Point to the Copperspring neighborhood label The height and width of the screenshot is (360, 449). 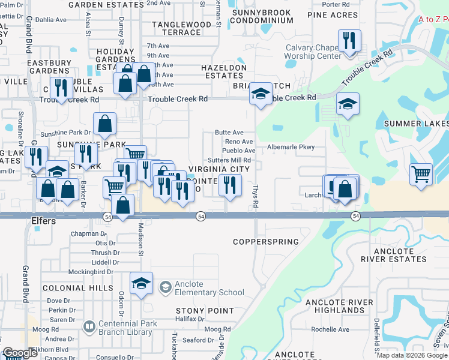tap(265, 242)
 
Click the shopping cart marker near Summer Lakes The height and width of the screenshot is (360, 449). tap(421, 175)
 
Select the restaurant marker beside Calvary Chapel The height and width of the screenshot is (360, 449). tap(349, 41)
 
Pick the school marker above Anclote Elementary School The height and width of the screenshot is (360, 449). tap(141, 283)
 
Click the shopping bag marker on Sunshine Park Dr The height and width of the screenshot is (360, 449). tap(104, 124)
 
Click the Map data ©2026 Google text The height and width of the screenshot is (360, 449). tap(412, 355)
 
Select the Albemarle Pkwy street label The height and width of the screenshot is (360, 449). tap(291, 146)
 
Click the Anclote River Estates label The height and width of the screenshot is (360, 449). tap(393, 255)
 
